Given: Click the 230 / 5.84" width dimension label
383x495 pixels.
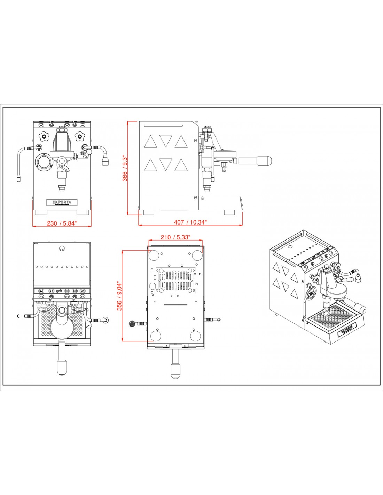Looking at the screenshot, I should [x=62, y=223].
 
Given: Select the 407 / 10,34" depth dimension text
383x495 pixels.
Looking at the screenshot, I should [x=190, y=222].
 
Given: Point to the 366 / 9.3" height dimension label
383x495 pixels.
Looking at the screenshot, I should [x=125, y=169].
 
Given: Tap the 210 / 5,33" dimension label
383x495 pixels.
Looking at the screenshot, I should [x=175, y=237].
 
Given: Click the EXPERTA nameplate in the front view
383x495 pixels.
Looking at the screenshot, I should [x=62, y=202].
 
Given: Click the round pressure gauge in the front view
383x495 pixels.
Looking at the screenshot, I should [x=44, y=162].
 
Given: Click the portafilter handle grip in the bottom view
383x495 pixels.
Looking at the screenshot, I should [x=175, y=371].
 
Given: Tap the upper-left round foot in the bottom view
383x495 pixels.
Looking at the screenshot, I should [x=154, y=255].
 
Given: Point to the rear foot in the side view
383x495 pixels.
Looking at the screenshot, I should [x=148, y=212].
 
